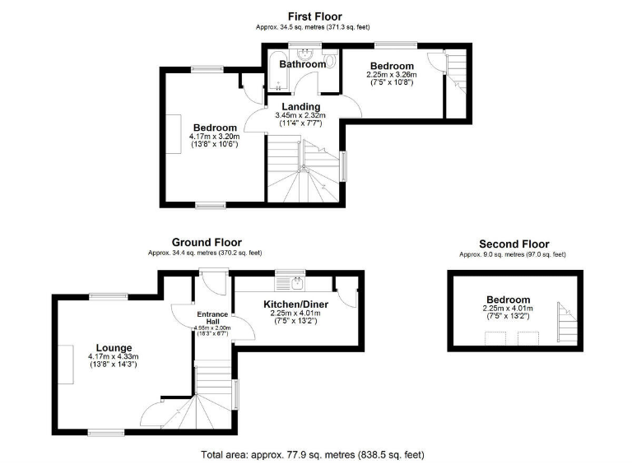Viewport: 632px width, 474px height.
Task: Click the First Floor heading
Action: (314, 16)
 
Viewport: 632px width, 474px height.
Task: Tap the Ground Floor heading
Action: (207, 242)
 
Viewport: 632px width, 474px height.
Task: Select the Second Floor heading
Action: (513, 244)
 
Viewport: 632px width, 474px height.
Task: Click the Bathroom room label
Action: (302, 64)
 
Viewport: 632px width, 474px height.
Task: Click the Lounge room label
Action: (114, 346)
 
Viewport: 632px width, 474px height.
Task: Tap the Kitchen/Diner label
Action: (295, 305)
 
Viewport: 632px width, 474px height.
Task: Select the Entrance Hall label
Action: (212, 317)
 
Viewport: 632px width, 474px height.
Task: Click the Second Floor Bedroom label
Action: (508, 300)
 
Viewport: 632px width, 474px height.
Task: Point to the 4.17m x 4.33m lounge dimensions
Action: (114, 360)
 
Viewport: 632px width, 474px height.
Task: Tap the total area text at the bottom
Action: (313, 454)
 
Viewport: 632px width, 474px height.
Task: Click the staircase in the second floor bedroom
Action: (567, 323)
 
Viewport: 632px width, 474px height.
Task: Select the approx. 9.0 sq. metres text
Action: (513, 255)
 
